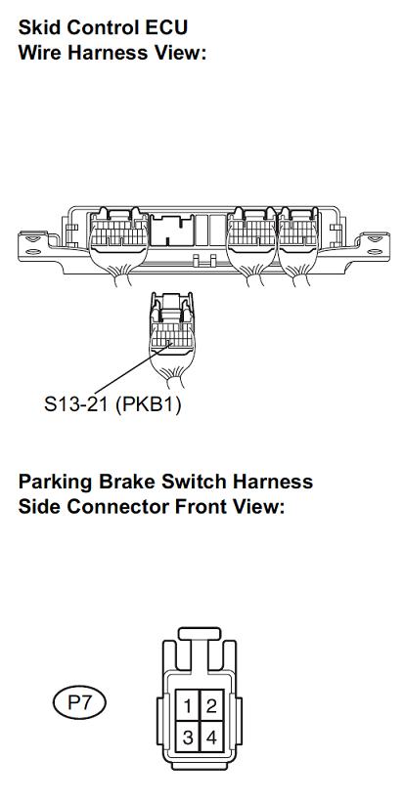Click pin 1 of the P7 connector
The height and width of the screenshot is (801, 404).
coord(188,706)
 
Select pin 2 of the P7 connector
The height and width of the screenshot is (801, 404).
coord(211,706)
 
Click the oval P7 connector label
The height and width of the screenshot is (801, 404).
coord(79,703)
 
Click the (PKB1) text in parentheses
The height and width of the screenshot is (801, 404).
coord(148,405)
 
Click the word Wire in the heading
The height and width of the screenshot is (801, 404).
coord(39,53)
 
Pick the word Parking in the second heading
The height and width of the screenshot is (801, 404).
coord(56,483)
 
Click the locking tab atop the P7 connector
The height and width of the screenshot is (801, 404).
coord(200,633)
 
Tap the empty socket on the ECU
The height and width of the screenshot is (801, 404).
coord(173,230)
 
